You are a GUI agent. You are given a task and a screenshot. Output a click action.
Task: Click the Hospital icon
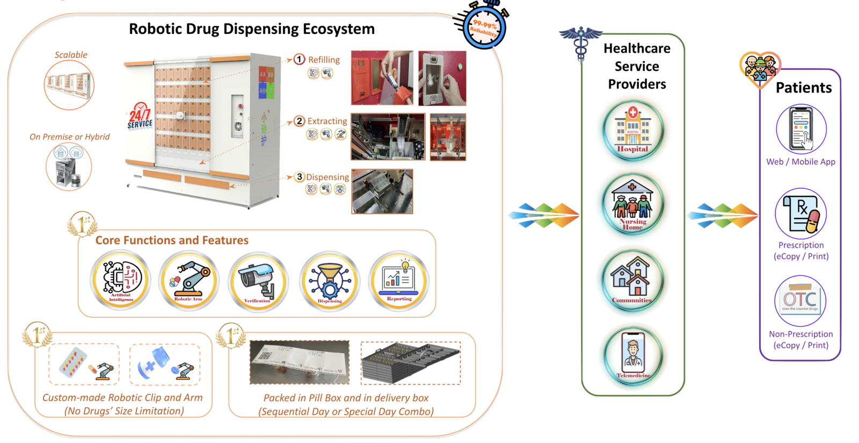(x=633, y=130)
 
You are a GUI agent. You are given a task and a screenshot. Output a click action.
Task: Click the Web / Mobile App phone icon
(x=801, y=130)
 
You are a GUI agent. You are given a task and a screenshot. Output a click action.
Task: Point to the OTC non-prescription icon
(x=800, y=301)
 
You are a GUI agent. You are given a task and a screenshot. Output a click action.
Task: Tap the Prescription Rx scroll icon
(x=801, y=213)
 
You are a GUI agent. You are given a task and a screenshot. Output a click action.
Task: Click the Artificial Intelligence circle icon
(x=121, y=281)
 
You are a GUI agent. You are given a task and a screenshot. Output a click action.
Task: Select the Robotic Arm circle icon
(x=189, y=281)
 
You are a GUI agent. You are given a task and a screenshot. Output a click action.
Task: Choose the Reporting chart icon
(x=399, y=281)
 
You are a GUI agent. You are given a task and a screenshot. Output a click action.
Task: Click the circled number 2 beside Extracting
(x=300, y=121)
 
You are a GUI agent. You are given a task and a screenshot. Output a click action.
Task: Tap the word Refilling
(x=324, y=60)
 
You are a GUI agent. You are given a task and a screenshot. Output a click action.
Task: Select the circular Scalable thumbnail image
(x=69, y=85)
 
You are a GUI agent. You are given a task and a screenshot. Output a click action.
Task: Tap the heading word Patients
(x=804, y=88)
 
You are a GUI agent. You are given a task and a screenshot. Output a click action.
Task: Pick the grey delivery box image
(x=411, y=363)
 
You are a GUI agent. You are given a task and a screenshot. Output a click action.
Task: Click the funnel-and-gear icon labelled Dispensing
(x=329, y=281)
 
